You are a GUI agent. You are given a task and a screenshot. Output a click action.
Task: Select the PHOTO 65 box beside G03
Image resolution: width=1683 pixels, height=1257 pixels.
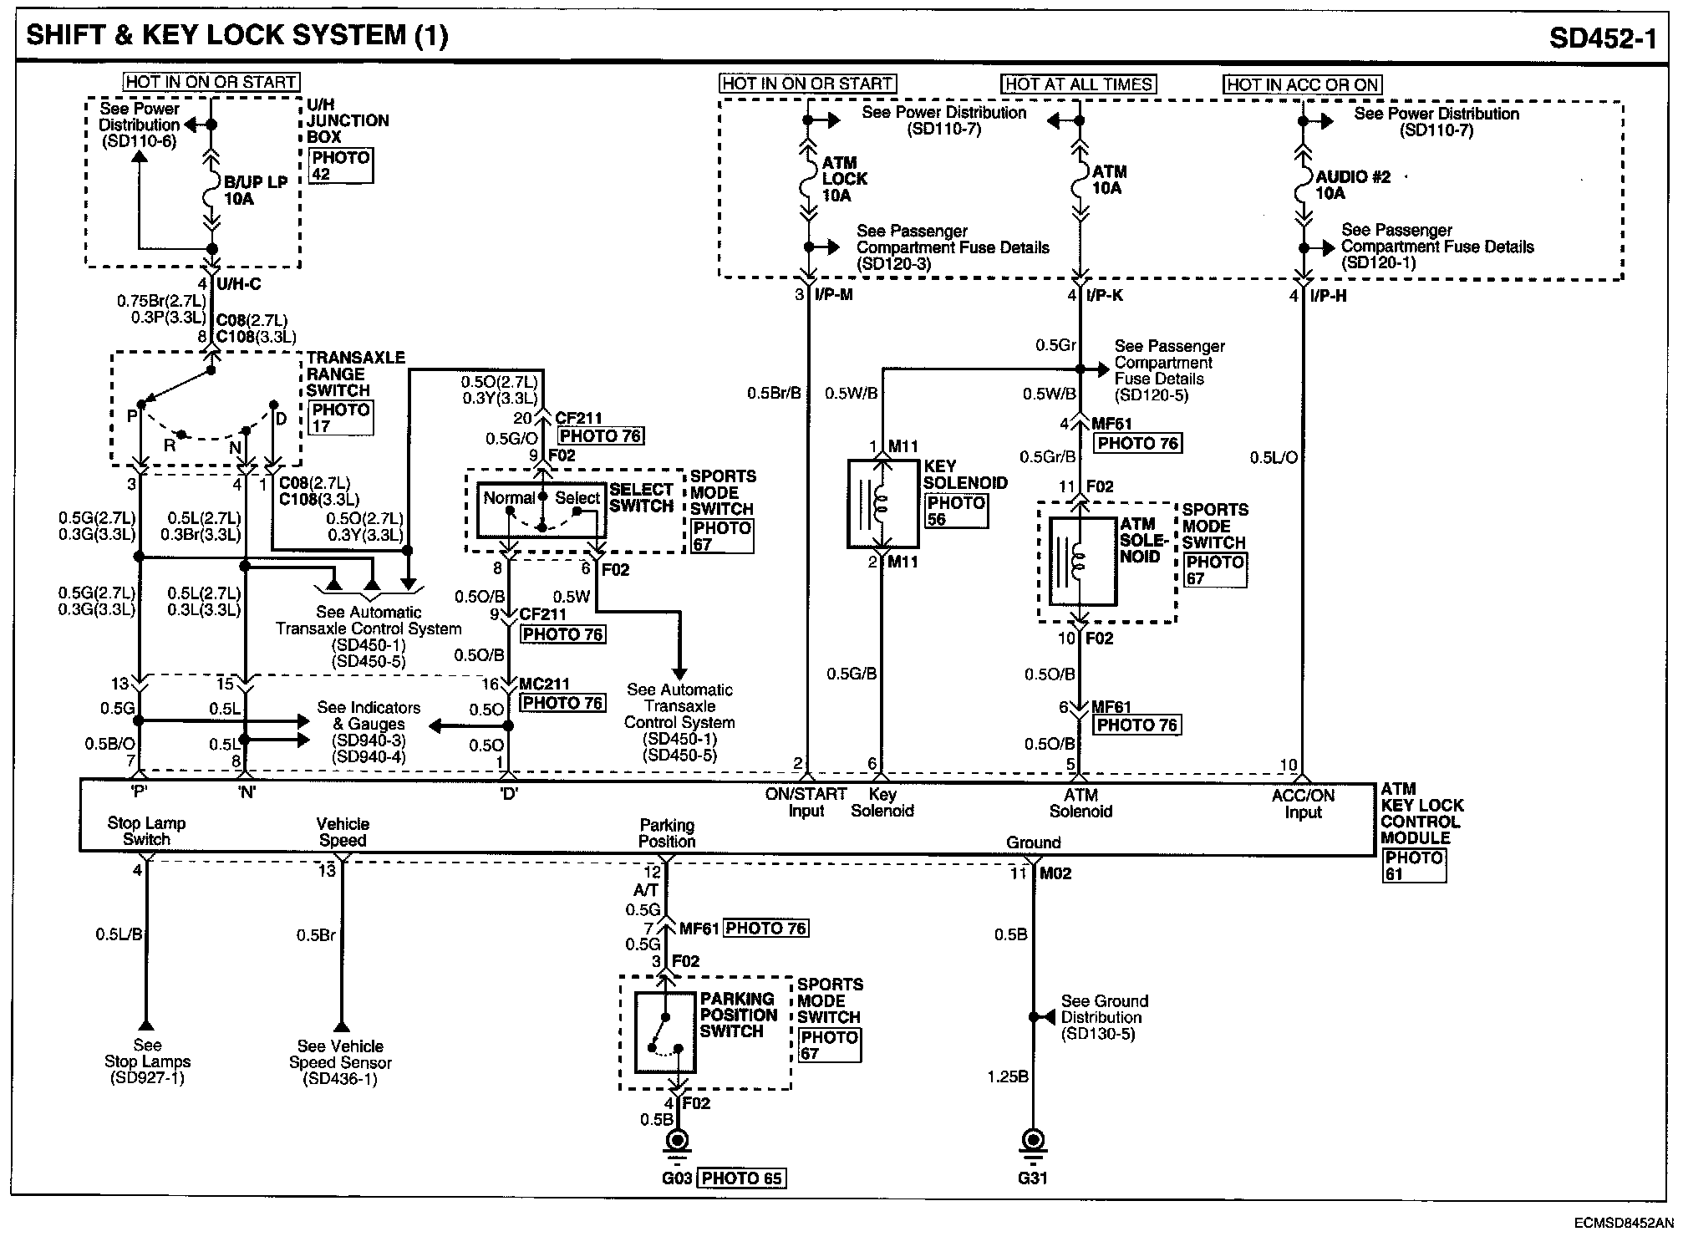[741, 1178]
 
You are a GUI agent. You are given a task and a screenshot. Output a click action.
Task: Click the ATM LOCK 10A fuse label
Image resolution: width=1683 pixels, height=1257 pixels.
[844, 179]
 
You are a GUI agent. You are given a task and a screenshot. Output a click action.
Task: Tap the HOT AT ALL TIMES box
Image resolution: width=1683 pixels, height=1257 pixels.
[1079, 84]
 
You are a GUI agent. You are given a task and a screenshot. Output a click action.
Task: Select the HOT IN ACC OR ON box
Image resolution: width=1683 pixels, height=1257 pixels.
[1303, 84]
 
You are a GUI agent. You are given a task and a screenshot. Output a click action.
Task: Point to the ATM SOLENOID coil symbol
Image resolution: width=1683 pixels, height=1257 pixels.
[1081, 561]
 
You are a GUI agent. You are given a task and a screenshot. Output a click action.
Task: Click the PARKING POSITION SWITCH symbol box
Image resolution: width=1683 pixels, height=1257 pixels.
[665, 1032]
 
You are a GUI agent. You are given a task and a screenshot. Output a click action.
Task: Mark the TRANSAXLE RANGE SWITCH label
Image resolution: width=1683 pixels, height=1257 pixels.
[355, 374]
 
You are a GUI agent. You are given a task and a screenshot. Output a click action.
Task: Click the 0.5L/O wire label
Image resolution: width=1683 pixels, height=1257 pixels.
[1274, 458]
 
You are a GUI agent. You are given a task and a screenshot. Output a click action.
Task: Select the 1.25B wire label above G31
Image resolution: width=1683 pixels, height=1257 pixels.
[1007, 1076]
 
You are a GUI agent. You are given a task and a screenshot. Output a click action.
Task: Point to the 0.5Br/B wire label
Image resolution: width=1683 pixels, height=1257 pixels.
[774, 393]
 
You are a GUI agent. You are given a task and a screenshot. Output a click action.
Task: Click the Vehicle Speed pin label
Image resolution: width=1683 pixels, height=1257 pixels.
[343, 832]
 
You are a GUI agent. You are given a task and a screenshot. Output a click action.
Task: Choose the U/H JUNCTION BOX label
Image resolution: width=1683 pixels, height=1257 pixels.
[347, 120]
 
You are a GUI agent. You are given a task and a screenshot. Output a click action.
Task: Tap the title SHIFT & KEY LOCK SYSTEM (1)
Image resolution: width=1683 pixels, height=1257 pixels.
[237, 35]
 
